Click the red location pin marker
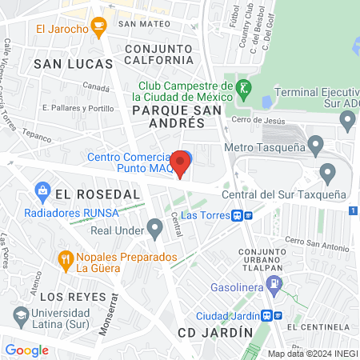tap(181, 164)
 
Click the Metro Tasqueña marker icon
tap(316, 146)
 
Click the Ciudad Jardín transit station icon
tap(274, 314)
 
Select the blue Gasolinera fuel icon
tap(275, 282)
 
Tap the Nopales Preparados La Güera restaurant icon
tap(66, 258)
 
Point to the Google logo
tap(26, 350)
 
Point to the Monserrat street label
tap(100, 308)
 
